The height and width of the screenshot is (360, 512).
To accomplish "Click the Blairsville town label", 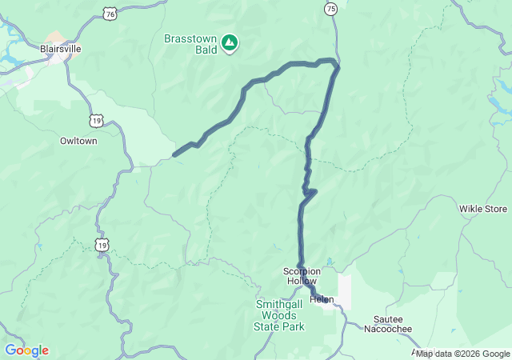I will tap(60, 48).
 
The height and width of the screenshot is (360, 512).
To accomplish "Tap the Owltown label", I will tap(78, 141).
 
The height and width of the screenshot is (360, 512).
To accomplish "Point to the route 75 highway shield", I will tap(331, 8).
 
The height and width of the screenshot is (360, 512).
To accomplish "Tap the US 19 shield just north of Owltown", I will tap(97, 121).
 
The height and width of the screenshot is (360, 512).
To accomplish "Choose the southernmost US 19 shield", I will tap(102, 245).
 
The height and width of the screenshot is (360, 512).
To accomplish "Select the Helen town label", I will tap(322, 299).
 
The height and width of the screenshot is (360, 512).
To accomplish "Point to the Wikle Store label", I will tap(483, 209).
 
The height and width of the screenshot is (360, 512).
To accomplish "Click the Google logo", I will tap(26, 350).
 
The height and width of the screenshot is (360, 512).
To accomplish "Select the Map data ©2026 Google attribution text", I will tap(462, 354).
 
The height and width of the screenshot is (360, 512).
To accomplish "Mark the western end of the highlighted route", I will tap(174, 154).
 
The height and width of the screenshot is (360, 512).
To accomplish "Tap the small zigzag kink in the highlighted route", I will tap(311, 191).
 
